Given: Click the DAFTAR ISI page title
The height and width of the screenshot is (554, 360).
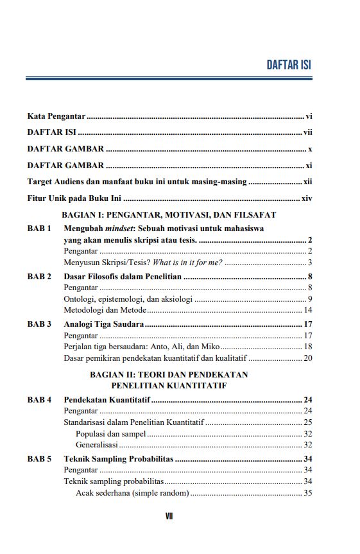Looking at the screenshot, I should pos(289,65).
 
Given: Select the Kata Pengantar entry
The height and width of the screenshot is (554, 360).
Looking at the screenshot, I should pos(56,116).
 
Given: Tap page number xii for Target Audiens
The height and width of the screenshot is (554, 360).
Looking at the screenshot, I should pos(307,182).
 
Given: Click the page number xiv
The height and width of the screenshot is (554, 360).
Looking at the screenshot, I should pos(307,198).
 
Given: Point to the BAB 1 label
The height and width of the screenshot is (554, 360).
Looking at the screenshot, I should pos(39,228).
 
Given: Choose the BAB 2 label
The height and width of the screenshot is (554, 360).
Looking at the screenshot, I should pos(39,277).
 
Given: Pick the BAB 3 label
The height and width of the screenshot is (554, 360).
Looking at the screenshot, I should pos(39,324).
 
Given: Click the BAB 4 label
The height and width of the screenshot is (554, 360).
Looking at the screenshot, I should pos(39,400).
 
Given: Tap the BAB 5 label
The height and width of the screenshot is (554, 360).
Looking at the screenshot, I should pos(39,459).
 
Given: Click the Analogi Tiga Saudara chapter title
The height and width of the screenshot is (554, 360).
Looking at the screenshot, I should pos(103,324).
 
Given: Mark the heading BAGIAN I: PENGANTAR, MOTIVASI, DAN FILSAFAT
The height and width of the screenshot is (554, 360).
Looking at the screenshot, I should pos(168,214).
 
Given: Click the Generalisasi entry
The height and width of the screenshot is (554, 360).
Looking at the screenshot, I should pos(96,444).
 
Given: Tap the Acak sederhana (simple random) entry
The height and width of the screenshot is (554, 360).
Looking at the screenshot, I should pos(132,493).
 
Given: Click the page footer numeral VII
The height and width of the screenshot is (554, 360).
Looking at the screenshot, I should pos(169,516).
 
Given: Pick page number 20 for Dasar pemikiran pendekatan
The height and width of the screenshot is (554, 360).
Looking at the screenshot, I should pos(307,358).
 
